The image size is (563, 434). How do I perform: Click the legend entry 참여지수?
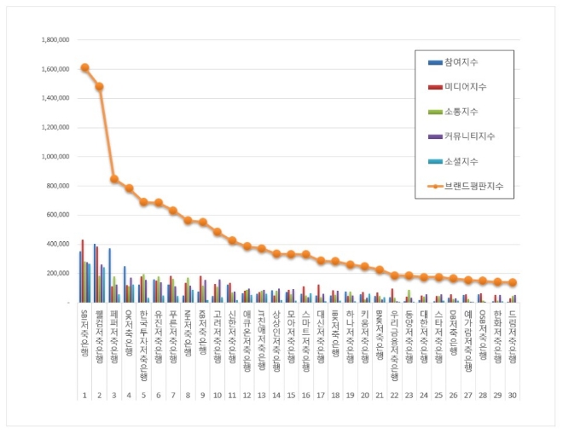(x=461, y=62)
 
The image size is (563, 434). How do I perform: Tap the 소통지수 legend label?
(x=461, y=112)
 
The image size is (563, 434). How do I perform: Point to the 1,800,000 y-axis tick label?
(x=50, y=40)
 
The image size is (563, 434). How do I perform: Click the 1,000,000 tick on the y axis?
(x=50, y=157)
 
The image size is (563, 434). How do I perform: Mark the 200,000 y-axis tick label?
(x=53, y=274)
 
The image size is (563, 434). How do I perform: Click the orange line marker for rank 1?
(x=84, y=67)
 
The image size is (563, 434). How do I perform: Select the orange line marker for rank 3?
(x=114, y=179)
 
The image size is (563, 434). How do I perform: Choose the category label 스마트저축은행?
(x=305, y=335)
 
